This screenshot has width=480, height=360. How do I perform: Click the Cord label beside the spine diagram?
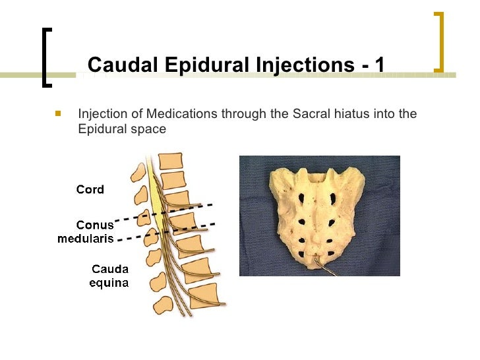tap(90, 189)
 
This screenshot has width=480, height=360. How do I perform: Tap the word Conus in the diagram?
tap(94, 225)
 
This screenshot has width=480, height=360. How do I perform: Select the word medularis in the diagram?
tap(86, 238)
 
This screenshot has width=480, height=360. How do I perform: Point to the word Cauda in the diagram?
tap(109, 269)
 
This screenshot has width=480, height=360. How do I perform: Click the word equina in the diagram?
tap(109, 283)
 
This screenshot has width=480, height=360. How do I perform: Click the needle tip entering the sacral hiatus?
tap(319, 261)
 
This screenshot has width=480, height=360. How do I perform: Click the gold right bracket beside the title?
tap(440, 41)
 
